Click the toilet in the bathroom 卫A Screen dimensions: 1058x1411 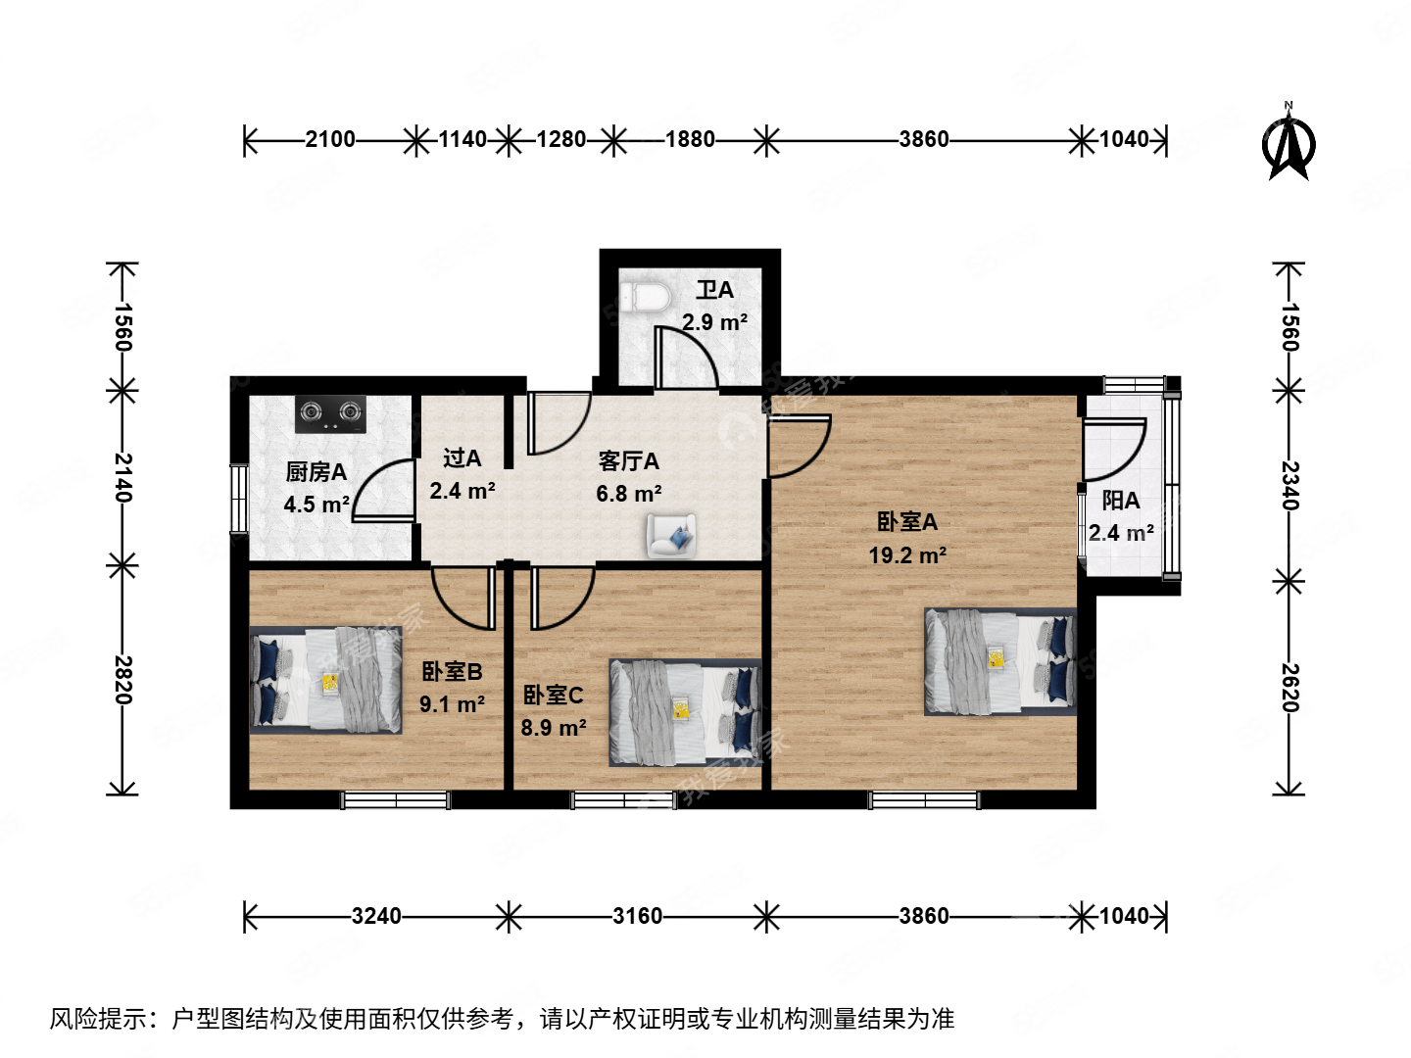pyautogui.click(x=645, y=296)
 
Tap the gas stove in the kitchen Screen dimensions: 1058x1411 pyautogui.click(x=331, y=413)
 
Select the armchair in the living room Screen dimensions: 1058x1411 pyautogui.click(x=671, y=535)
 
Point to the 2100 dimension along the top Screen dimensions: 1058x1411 pyautogui.click(x=330, y=139)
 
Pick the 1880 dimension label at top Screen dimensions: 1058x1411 pyautogui.click(x=690, y=139)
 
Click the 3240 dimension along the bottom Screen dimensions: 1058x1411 pyautogui.click(x=376, y=916)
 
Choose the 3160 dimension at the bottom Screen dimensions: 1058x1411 pyautogui.click(x=637, y=916)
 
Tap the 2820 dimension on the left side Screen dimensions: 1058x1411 pyautogui.click(x=123, y=679)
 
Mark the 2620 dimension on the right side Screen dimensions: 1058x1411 pyautogui.click(x=1289, y=688)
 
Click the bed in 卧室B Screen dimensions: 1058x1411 pyautogui.click(x=326, y=680)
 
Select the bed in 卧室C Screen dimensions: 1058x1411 pyautogui.click(x=685, y=712)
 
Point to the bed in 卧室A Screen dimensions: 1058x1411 pyautogui.click(x=1000, y=661)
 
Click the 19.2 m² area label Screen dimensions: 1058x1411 pyautogui.click(x=907, y=555)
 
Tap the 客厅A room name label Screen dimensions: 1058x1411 pyautogui.click(x=628, y=461)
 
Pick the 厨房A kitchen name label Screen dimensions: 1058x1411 pyautogui.click(x=316, y=472)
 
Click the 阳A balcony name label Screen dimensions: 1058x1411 pyautogui.click(x=1120, y=501)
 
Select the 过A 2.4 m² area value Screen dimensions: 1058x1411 pyautogui.click(x=462, y=491)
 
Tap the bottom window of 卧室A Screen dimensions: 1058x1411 pyautogui.click(x=924, y=800)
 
